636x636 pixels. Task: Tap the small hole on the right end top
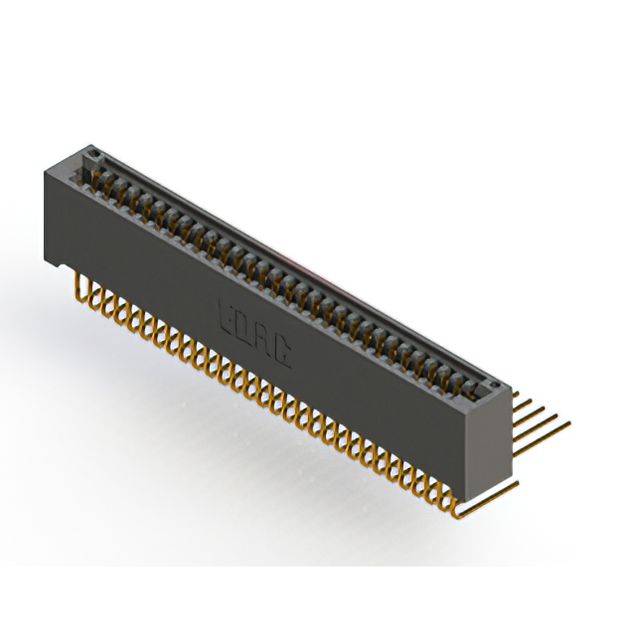[x=486, y=384]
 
